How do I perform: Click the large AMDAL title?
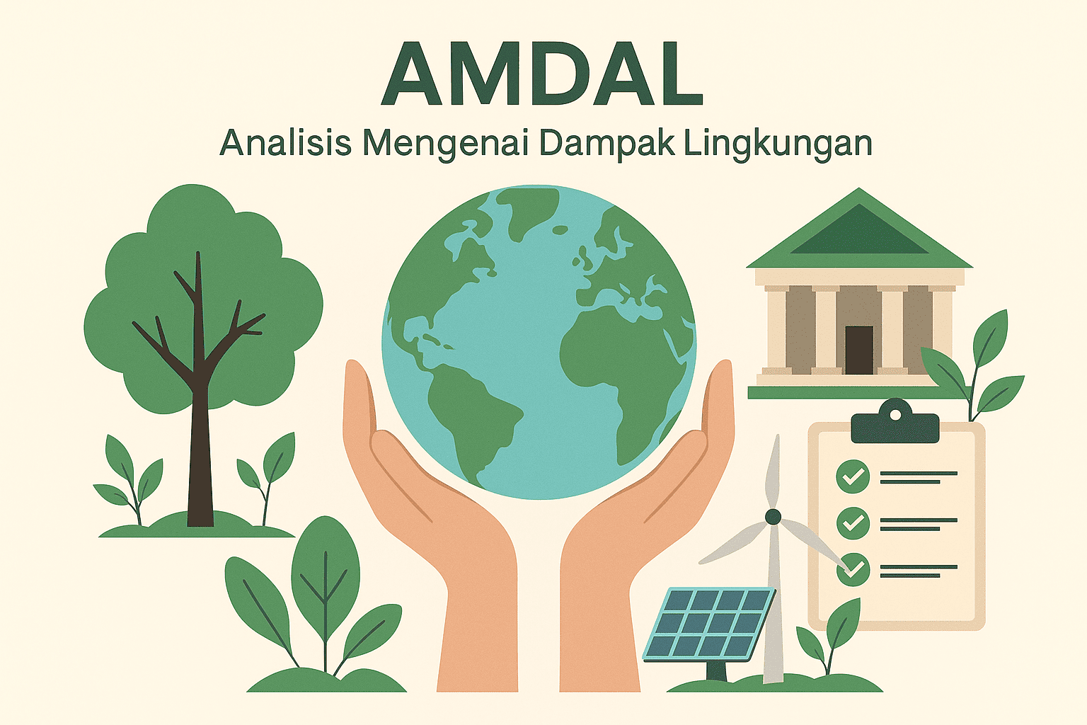542,74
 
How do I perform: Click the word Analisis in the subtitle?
285,142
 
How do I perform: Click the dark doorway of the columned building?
859,350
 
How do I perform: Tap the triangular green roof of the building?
859,234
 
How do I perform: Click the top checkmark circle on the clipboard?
853,476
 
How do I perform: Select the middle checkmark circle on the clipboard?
853,523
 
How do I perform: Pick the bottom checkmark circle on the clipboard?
853,569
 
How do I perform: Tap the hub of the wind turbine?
773,517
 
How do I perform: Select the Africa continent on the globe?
616,361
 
